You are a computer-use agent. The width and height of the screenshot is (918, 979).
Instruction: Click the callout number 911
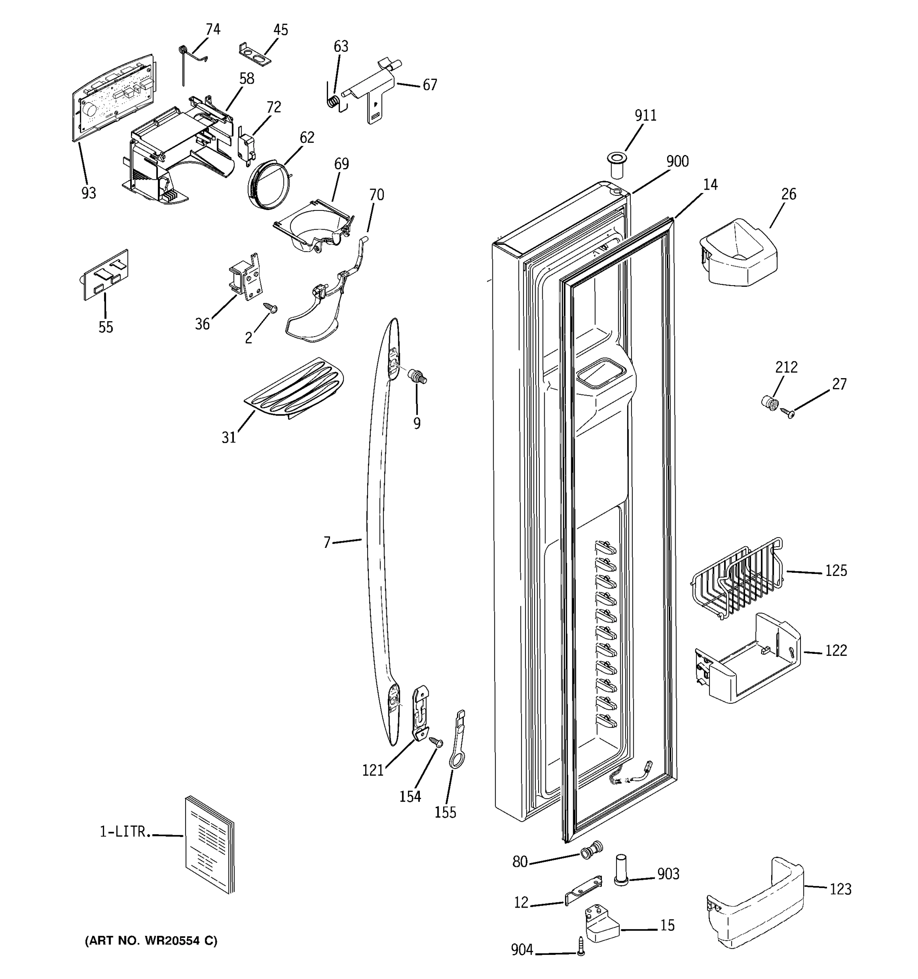coord(645,115)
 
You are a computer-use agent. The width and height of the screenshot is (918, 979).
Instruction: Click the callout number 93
coord(89,193)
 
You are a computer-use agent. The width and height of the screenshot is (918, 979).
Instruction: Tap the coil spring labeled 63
coord(333,101)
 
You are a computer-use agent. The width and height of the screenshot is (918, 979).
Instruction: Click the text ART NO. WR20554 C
coord(151,941)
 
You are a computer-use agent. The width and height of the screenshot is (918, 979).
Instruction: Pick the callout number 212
coord(786,367)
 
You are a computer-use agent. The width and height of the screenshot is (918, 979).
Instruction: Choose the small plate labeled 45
coord(255,55)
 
